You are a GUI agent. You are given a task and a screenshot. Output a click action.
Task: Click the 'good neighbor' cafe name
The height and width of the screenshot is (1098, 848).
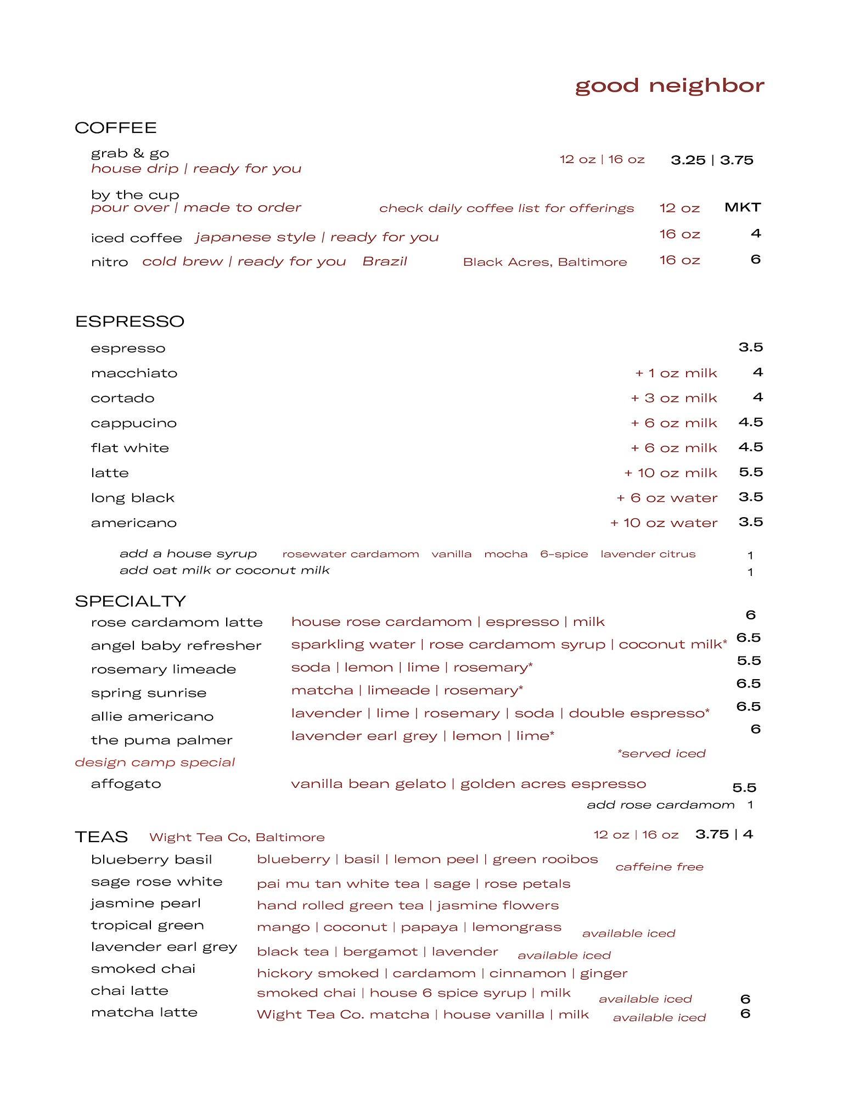669,86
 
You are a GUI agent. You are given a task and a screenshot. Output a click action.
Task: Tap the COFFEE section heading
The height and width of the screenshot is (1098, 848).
116,128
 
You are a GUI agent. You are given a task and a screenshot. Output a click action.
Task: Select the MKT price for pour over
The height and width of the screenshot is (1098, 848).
742,207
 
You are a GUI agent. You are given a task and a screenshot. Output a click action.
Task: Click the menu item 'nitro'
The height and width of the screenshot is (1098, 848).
109,262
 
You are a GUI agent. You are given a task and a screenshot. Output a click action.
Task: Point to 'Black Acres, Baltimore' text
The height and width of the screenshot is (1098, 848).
544,262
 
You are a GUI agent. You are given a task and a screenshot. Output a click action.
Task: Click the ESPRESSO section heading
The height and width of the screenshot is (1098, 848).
130,321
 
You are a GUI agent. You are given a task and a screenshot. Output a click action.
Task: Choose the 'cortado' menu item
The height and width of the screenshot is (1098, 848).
122,398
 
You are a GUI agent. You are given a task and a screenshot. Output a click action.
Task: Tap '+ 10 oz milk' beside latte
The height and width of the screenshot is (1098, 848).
670,473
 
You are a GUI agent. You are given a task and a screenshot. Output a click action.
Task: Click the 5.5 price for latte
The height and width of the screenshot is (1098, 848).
750,472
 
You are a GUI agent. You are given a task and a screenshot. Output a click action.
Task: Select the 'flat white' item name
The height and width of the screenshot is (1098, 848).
130,448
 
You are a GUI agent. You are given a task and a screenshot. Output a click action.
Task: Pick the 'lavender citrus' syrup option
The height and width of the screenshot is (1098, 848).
648,554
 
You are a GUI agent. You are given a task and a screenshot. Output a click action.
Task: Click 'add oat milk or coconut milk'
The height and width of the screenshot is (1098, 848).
224,570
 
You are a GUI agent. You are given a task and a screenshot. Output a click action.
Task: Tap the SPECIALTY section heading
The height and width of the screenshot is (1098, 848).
130,601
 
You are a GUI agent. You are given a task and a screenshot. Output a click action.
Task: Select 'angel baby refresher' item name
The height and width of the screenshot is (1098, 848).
176,646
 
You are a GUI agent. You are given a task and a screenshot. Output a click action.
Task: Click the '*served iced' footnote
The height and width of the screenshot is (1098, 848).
661,753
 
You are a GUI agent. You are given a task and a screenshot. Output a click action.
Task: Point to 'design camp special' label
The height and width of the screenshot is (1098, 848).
155,762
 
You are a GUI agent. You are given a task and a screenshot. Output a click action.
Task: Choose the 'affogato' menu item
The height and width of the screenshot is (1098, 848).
126,783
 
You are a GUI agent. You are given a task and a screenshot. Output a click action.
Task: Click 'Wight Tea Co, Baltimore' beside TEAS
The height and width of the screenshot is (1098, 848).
237,837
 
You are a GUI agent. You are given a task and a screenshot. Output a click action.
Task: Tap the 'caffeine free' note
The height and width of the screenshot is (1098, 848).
659,867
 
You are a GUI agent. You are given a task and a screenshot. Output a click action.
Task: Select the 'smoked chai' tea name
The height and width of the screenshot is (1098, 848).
143,968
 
